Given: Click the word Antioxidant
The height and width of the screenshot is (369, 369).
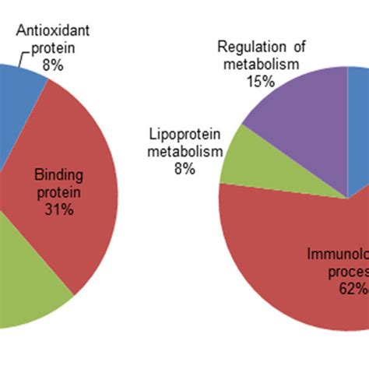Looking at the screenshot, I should click(x=53, y=33).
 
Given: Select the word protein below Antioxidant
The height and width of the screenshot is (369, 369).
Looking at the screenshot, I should click(x=53, y=49).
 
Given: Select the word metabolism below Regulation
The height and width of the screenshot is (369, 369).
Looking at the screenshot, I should click(x=260, y=63).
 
